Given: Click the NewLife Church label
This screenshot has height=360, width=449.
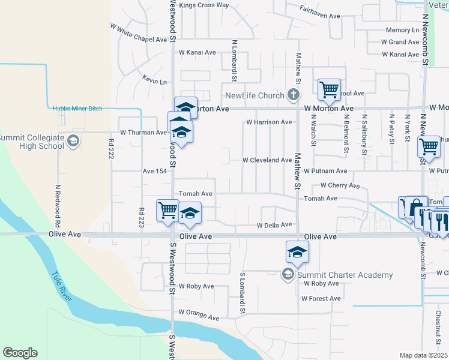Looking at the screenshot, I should (x=254, y=95).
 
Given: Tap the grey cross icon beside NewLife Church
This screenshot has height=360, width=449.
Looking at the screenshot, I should (x=293, y=95).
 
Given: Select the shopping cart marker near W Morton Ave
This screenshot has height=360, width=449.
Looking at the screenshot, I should (x=329, y=90).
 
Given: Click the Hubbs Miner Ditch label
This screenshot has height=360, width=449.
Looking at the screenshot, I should (x=77, y=109).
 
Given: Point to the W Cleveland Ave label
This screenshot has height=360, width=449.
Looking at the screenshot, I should (x=267, y=160).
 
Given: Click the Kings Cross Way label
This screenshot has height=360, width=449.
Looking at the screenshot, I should (x=204, y=5).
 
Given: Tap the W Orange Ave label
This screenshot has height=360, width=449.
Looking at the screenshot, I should (x=199, y=314).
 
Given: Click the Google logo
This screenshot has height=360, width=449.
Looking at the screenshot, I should (x=20, y=353).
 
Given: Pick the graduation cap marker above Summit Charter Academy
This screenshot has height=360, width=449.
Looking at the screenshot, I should (x=297, y=252).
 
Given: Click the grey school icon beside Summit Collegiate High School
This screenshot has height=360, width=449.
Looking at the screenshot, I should (x=73, y=142).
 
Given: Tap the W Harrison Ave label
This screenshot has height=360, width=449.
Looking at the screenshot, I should (x=269, y=122).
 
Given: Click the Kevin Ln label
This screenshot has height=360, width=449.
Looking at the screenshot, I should (x=154, y=81).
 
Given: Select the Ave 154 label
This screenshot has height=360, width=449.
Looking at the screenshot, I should (x=154, y=171).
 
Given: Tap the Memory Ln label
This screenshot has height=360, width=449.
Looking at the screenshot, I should (x=402, y=30).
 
